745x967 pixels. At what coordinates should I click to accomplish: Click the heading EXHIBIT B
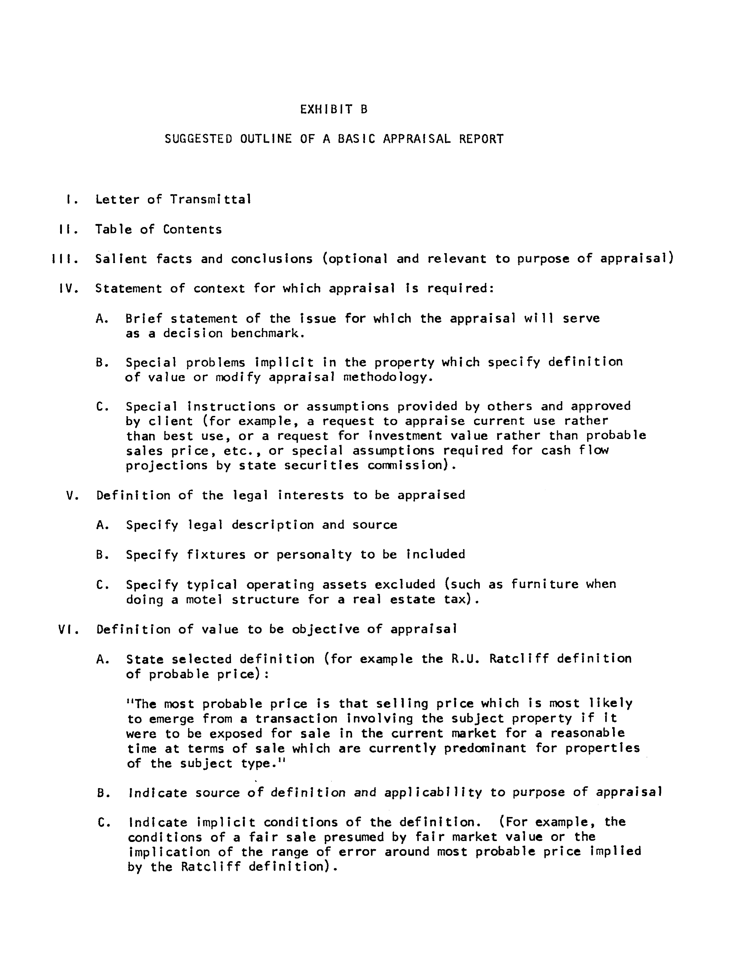click(334, 109)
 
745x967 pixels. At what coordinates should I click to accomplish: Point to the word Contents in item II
click(192, 229)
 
